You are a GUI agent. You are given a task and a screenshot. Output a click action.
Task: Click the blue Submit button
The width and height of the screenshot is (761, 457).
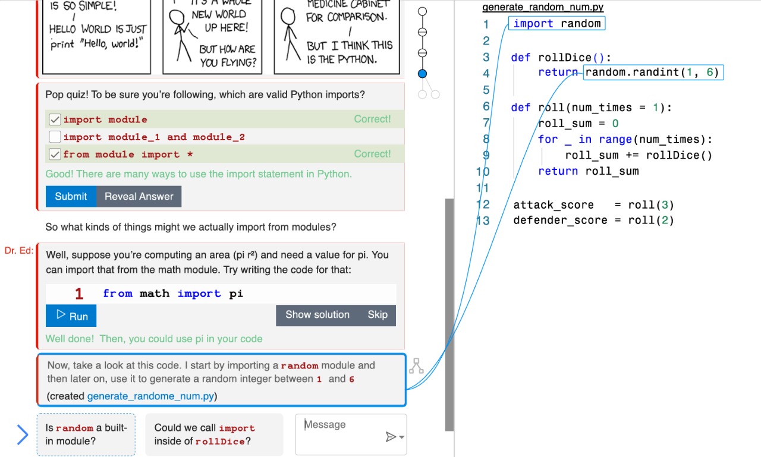(x=71, y=196)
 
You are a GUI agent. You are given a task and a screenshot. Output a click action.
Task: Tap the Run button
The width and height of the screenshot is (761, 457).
(x=71, y=316)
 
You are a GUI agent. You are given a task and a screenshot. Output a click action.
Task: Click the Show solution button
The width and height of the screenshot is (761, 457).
(x=317, y=315)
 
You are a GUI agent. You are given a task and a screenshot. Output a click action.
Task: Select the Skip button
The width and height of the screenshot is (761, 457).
(x=378, y=315)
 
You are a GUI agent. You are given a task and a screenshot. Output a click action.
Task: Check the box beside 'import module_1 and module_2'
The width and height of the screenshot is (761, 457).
(x=55, y=137)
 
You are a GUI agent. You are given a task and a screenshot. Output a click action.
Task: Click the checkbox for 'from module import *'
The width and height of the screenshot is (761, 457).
(x=55, y=154)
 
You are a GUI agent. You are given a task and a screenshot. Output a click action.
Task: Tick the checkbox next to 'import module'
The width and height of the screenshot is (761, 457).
(x=55, y=119)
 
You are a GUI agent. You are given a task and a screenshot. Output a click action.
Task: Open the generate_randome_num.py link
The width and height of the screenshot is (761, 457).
(x=150, y=396)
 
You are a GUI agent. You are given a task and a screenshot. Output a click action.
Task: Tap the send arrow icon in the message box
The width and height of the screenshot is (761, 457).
(x=391, y=437)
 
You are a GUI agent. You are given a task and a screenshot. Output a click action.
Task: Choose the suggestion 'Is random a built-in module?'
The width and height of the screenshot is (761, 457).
(x=86, y=434)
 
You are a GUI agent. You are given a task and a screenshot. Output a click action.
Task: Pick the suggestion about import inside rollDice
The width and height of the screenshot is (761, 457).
(x=214, y=434)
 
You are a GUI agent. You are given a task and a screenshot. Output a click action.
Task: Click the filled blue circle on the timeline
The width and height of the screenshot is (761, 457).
(x=422, y=74)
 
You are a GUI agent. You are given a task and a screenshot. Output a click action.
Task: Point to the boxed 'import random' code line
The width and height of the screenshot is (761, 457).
(x=557, y=23)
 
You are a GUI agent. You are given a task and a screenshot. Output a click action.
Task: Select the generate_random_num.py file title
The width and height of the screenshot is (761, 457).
(x=543, y=7)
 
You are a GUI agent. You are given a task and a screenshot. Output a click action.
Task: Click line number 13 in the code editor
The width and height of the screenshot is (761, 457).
(x=483, y=220)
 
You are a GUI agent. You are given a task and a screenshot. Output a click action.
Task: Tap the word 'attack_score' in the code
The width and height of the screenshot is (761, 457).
(x=554, y=205)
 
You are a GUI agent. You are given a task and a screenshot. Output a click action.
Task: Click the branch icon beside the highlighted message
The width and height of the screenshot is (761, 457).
(x=416, y=366)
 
